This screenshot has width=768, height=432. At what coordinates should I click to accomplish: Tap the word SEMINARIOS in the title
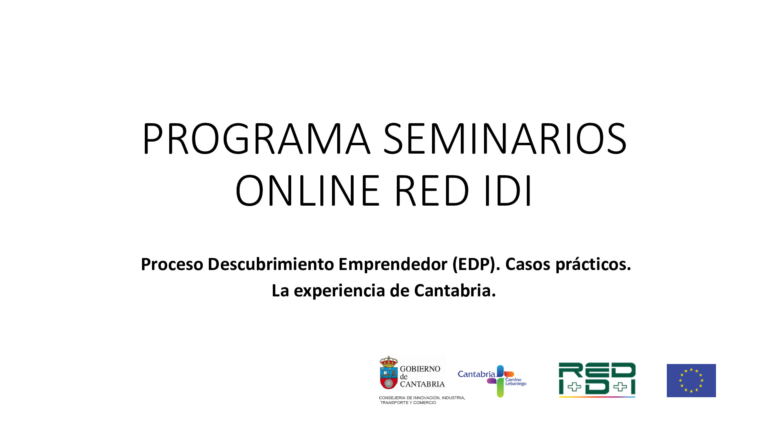click(505, 139)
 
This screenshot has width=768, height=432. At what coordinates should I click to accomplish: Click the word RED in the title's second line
click(432, 191)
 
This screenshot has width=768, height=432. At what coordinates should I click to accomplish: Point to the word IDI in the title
click(508, 191)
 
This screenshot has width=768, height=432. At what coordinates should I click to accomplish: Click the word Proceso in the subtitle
click(172, 264)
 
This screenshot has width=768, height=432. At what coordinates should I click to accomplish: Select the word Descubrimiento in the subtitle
click(271, 264)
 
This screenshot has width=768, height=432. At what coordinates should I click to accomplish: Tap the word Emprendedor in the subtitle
click(393, 264)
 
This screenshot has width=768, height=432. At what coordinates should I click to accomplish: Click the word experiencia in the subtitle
click(340, 291)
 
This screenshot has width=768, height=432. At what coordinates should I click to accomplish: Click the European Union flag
click(691, 380)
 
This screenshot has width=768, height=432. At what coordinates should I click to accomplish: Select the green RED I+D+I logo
click(597, 380)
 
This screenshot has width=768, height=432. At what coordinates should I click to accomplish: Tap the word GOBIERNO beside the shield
click(420, 369)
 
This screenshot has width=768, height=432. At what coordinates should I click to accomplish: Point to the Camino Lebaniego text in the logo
click(515, 382)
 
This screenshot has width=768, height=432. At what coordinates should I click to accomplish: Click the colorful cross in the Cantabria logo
click(500, 381)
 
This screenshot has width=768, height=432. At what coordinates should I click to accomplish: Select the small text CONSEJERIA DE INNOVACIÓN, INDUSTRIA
click(422, 398)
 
